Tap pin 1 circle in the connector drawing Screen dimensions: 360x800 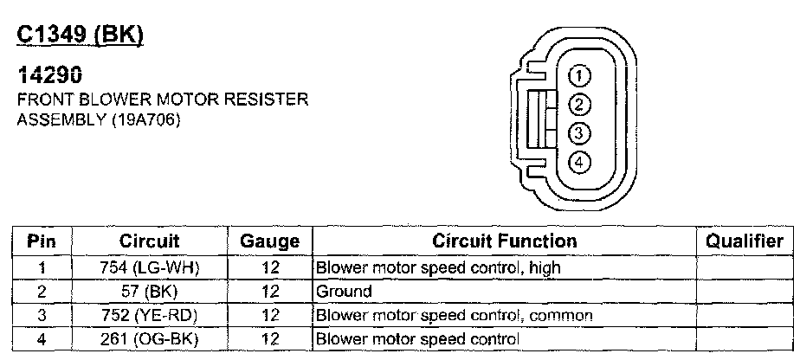[x=580, y=75]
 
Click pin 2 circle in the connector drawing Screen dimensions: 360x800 [x=580, y=104]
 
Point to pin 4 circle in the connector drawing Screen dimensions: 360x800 [x=580, y=161]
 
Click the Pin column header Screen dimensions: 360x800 [x=42, y=241]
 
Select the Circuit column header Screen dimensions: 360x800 [x=149, y=241]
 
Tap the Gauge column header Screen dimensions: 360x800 [x=268, y=241]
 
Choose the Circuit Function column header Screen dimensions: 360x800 [x=504, y=241]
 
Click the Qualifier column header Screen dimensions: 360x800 [x=745, y=241]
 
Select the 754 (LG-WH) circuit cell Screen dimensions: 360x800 [x=149, y=267]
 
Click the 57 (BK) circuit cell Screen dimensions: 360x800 [x=149, y=292]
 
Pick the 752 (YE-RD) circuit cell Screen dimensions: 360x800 [x=149, y=315]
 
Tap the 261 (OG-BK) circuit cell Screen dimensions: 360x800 [x=149, y=338]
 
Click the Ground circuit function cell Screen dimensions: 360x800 [x=345, y=292]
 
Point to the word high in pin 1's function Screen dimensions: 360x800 [x=544, y=267]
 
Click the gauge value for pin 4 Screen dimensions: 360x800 [x=268, y=338]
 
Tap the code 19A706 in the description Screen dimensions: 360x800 [x=145, y=120]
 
